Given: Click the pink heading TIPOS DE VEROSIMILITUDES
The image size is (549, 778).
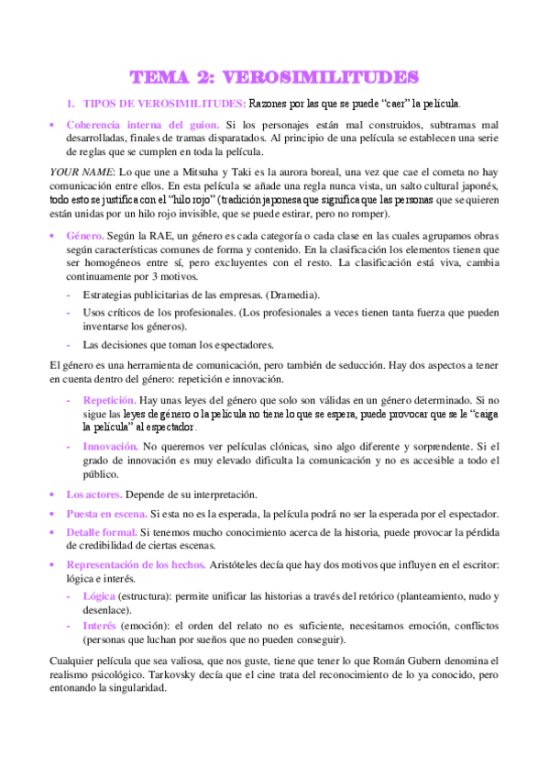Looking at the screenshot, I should (x=164, y=103).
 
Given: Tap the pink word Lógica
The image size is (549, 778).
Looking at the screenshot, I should (x=99, y=595).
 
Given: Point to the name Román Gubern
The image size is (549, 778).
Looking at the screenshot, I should (x=438, y=660).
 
